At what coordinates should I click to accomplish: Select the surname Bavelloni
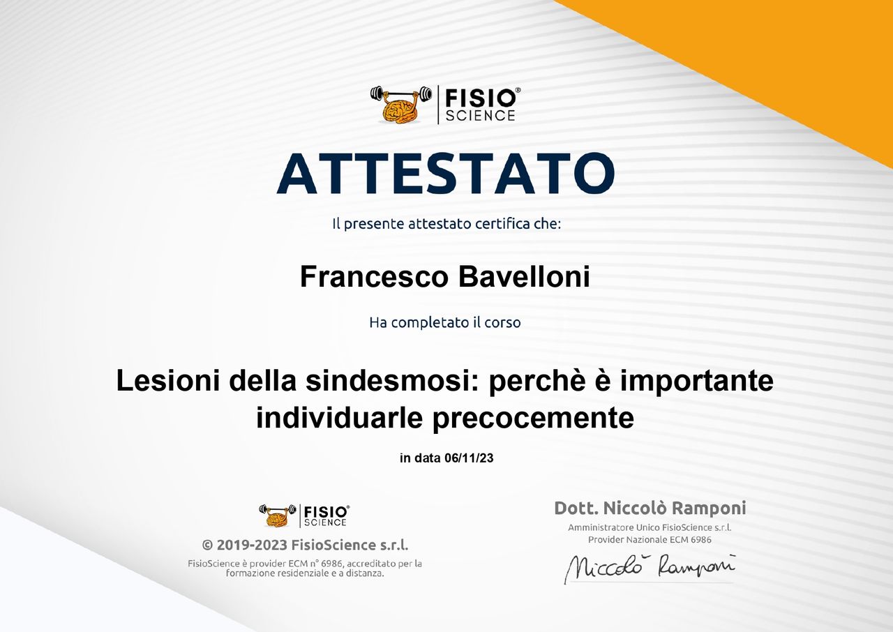524,276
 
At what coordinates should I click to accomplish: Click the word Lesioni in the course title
168,381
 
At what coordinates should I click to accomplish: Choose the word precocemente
534,419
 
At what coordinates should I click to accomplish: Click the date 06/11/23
469,458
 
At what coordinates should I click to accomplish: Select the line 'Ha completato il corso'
445,322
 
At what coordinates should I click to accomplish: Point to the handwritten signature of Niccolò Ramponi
650,567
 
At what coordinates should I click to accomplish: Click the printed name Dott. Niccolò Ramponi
650,508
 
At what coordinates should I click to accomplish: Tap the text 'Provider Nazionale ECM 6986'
650,540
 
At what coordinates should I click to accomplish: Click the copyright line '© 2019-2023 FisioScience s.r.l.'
305,545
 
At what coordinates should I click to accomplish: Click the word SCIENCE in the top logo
481,116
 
